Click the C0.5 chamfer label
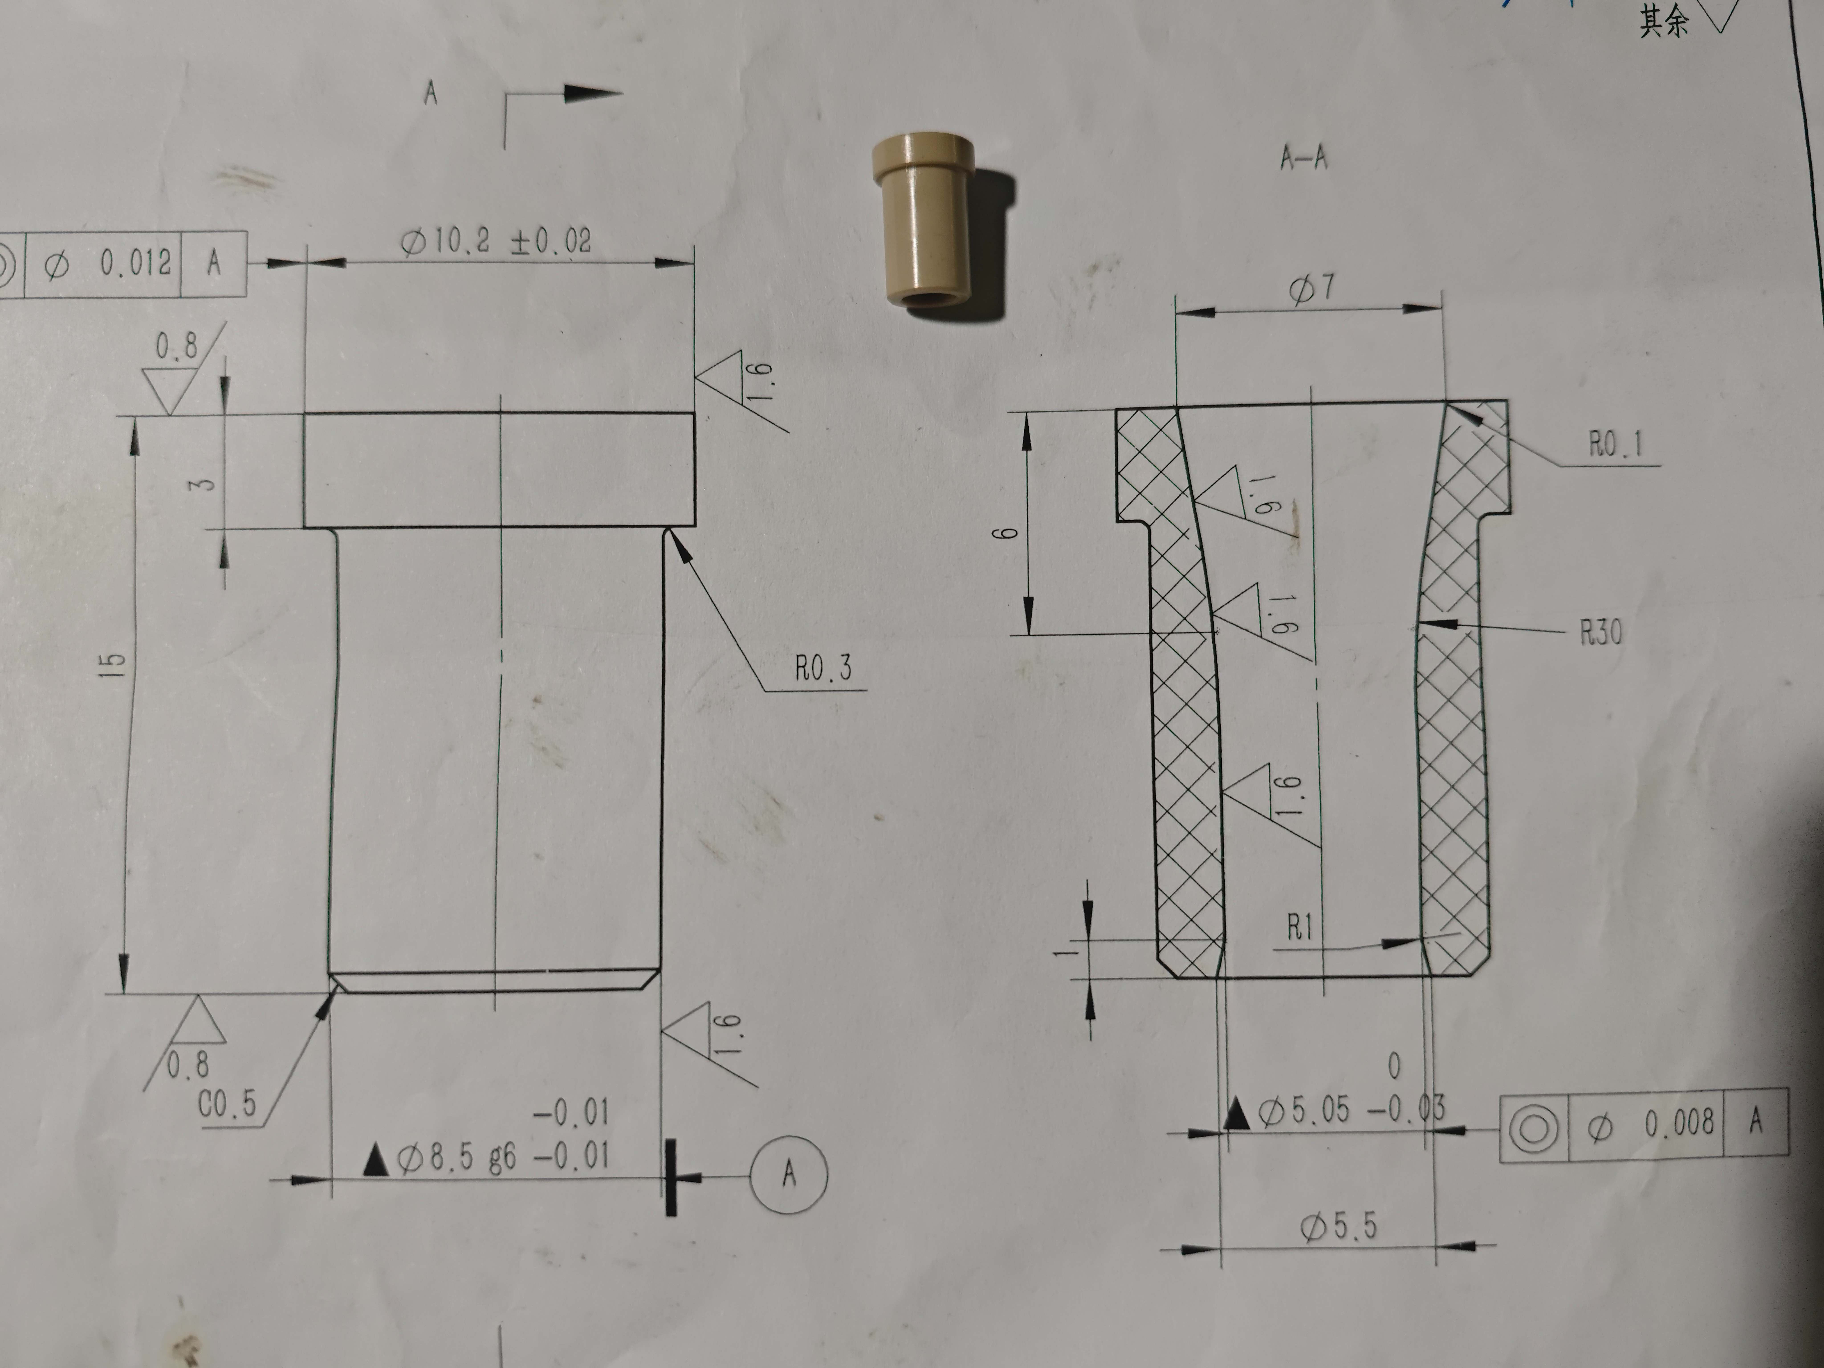click(227, 1104)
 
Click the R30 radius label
click(1600, 633)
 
